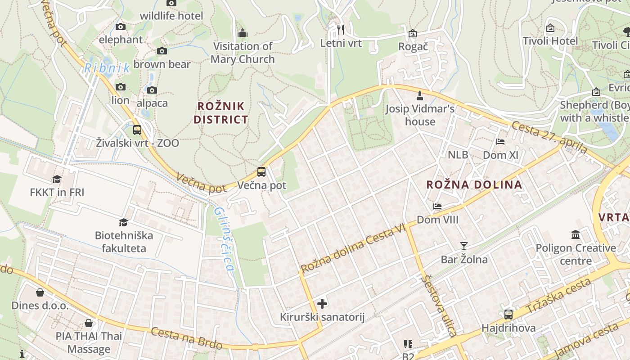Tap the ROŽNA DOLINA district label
coord(474,184)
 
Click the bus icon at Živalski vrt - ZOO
coord(137,130)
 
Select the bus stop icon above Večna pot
coord(261,171)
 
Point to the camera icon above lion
coord(120,87)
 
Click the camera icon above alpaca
coord(152,90)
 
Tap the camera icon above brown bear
coord(162,51)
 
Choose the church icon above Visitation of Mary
coord(243,33)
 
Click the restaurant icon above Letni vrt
coord(341,30)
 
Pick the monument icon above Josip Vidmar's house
coord(420,95)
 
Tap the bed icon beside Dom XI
coord(500,142)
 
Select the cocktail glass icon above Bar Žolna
coord(464,246)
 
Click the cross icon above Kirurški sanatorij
coord(322,304)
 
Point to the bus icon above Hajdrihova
coord(508,314)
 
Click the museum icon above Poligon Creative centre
coord(576,234)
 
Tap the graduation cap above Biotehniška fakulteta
coord(123,222)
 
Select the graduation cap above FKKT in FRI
coord(57,180)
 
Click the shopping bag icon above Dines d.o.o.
coord(40,292)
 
